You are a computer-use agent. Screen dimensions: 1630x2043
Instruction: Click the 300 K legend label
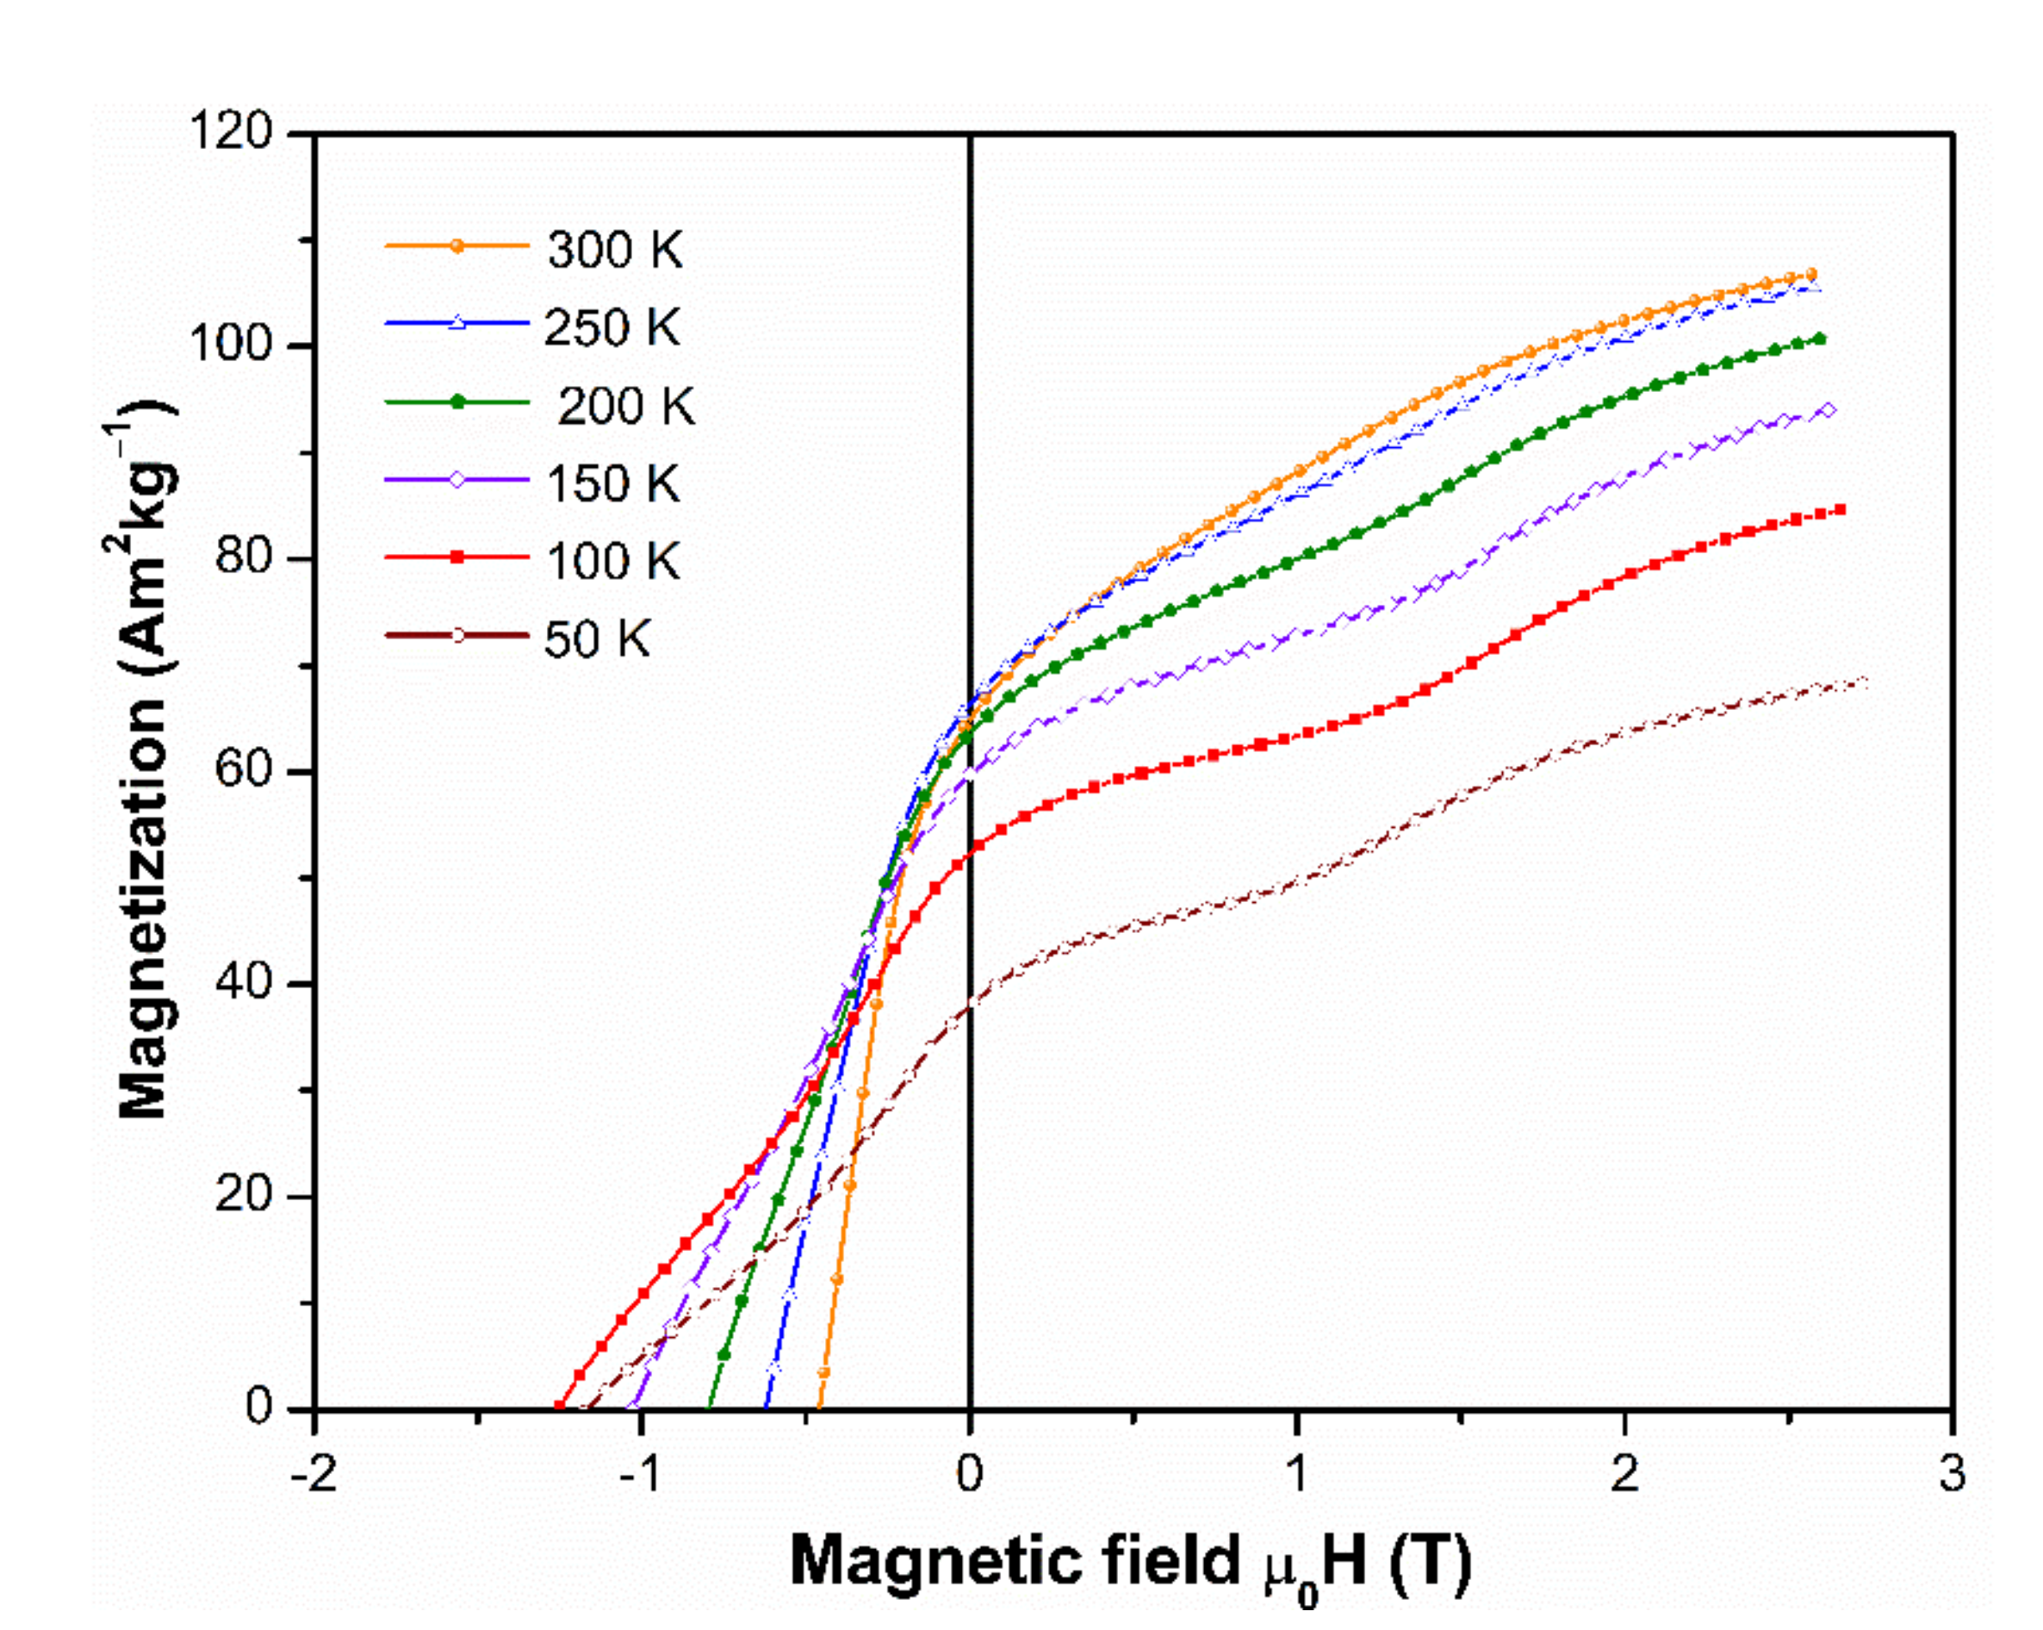614,252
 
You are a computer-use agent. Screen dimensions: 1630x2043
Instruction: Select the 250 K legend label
612,329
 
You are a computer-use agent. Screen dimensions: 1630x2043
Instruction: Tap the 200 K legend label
625,407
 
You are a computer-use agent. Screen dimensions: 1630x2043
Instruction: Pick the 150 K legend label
612,484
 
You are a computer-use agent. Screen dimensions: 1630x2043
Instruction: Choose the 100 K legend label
612,562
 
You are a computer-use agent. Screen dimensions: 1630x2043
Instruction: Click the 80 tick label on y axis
243,557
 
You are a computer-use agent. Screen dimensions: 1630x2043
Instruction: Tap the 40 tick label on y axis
243,982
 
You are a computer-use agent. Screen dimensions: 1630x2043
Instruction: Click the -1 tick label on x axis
641,1476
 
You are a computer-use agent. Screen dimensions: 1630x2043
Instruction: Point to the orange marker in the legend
456,246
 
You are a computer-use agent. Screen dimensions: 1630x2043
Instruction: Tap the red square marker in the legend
456,557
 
